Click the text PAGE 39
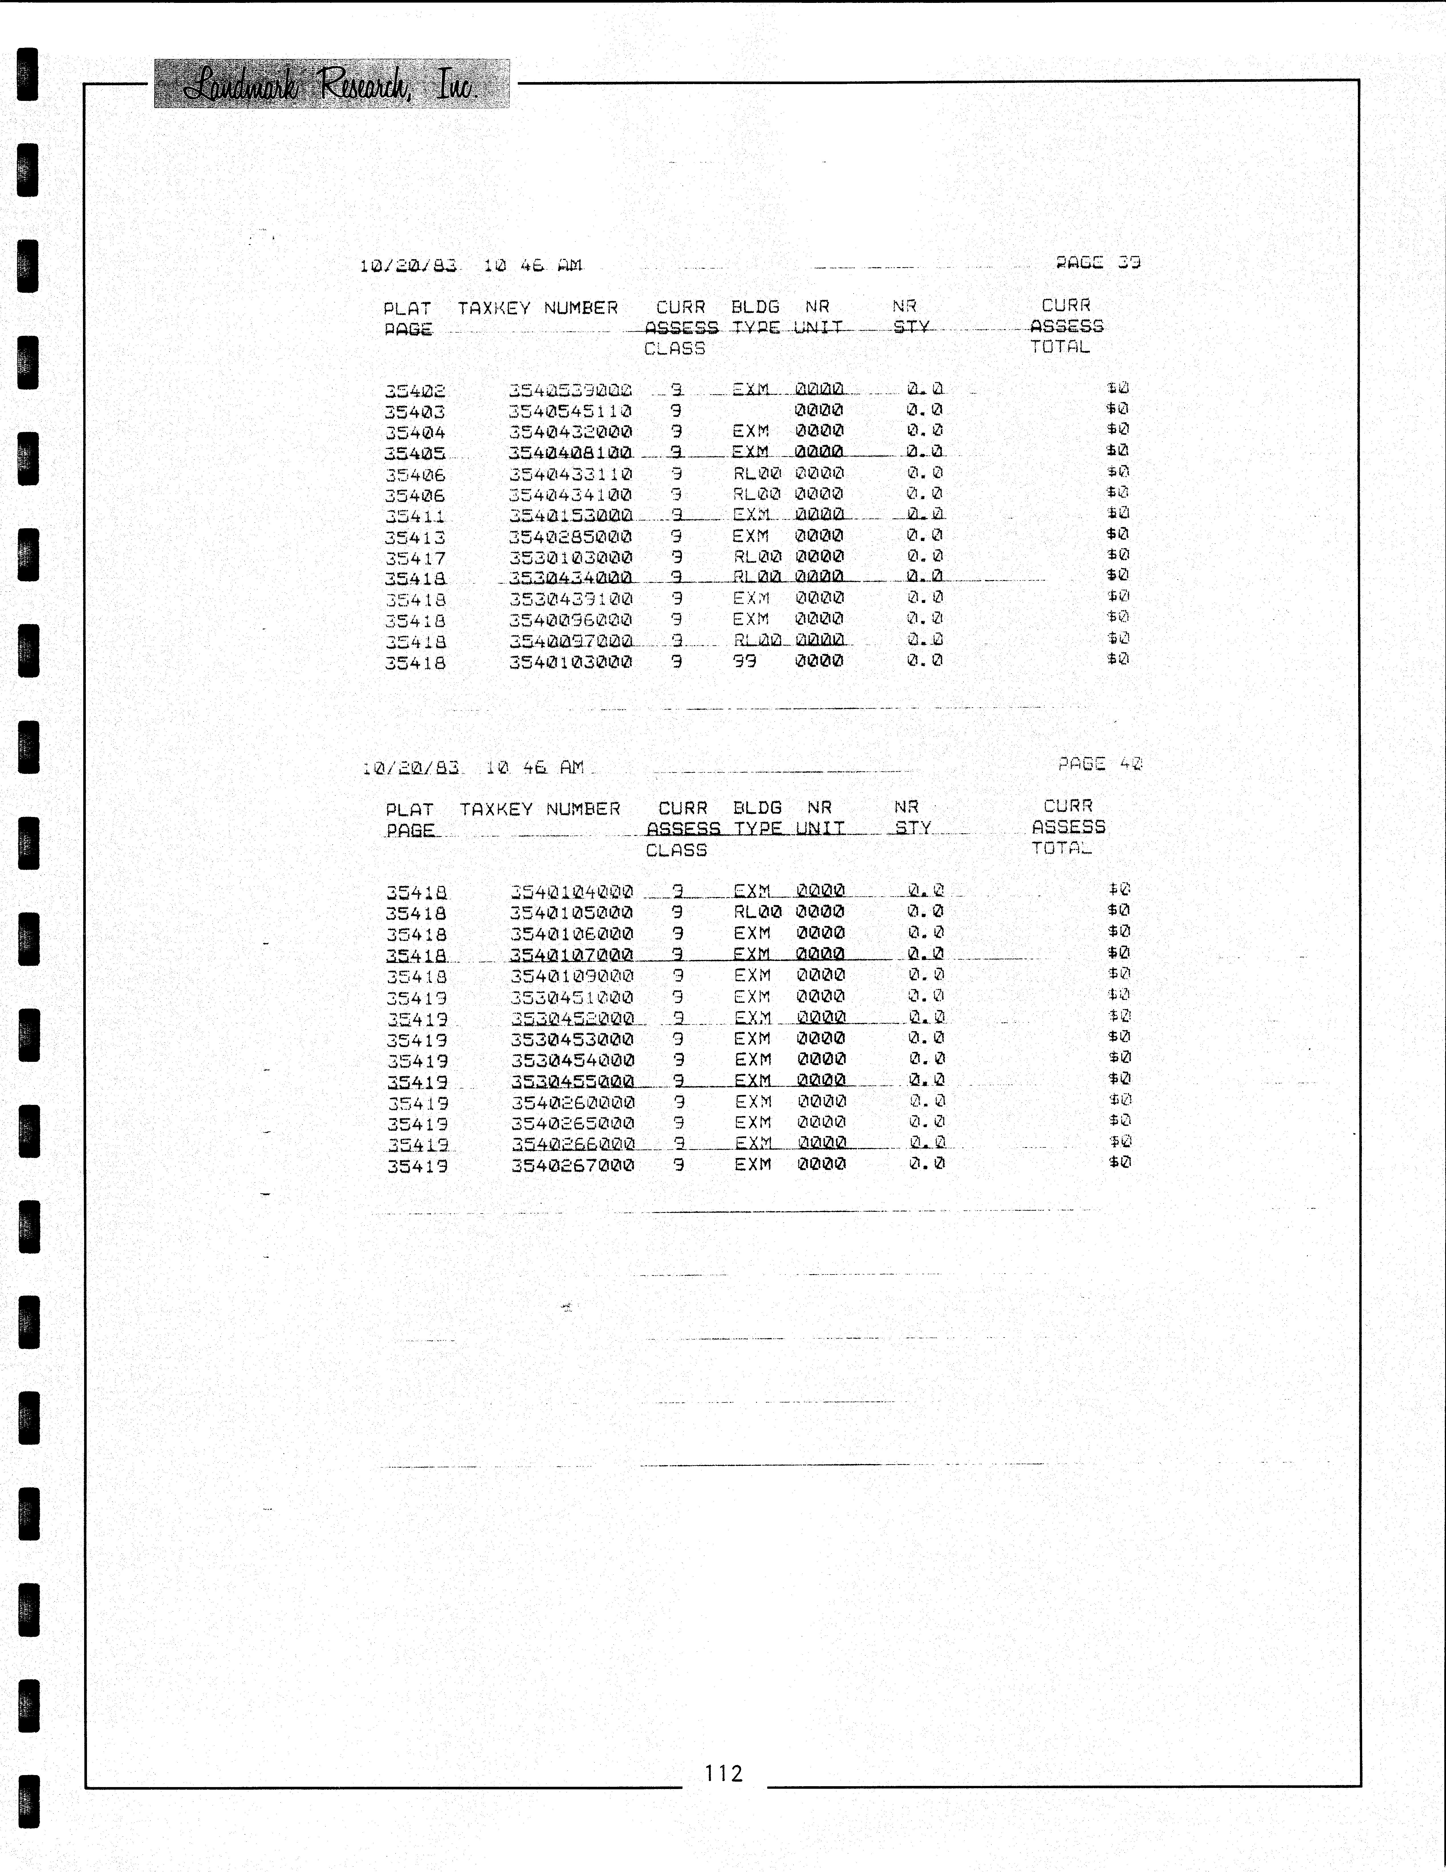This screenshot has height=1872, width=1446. click(1098, 262)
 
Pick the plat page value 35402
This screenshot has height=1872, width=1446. click(415, 391)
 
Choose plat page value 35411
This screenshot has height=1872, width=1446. click(415, 516)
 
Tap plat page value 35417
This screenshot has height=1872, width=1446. click(415, 558)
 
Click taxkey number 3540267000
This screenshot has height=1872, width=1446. click(572, 1165)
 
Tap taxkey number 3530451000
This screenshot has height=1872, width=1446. click(572, 997)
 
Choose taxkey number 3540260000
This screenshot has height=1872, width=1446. click(572, 1102)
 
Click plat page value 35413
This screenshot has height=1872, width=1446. click(415, 537)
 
